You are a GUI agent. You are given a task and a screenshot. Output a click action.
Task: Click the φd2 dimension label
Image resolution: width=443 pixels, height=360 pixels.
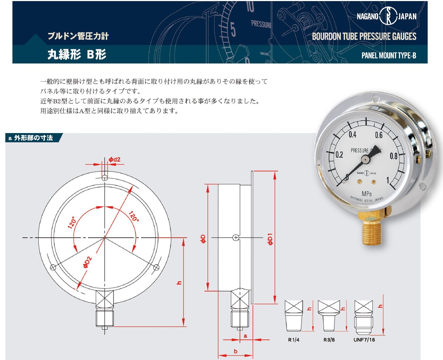[114, 159]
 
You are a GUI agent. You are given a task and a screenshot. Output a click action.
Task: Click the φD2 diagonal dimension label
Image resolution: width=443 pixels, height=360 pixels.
[87, 262]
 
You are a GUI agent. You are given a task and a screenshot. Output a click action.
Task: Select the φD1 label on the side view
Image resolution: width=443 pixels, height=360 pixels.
[270, 239]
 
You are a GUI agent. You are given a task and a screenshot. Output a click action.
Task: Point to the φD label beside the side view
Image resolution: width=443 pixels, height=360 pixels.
[203, 239]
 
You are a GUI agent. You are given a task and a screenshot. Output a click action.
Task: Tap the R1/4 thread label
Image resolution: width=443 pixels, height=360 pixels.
[294, 340]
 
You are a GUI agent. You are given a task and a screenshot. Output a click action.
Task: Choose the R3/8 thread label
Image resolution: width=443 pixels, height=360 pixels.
[329, 340]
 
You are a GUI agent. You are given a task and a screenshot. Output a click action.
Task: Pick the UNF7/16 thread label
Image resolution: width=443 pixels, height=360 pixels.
[364, 340]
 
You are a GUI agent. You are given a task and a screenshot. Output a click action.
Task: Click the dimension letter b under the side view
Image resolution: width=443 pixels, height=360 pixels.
[236, 351]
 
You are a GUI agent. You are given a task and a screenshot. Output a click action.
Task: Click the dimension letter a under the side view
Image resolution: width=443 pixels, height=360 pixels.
[246, 336]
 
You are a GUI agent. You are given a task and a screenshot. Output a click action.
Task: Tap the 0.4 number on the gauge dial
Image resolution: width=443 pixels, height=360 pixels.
[352, 135]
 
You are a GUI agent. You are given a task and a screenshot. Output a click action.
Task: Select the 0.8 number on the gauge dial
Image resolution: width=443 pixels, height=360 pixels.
[393, 156]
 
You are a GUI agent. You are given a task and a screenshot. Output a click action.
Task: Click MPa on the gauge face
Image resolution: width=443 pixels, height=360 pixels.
[367, 194]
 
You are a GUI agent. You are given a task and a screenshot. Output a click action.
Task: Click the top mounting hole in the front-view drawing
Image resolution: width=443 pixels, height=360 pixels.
[105, 178]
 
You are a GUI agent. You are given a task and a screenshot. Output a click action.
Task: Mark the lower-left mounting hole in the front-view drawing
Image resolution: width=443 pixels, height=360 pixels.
[53, 267]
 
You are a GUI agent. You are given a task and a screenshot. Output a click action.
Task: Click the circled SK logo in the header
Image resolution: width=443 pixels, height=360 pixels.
[388, 16]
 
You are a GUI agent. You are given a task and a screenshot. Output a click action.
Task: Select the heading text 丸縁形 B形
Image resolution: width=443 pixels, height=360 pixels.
[77, 54]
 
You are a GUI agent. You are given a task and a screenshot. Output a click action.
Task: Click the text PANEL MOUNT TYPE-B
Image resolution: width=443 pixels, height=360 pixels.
[389, 56]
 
